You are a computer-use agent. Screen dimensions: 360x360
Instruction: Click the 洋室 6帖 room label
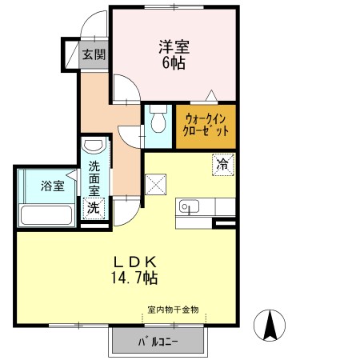pyautogui.click(x=174, y=54)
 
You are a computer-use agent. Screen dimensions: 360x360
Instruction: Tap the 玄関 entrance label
pyautogui.click(x=94, y=54)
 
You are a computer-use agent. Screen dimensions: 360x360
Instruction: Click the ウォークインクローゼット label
pyautogui.click(x=206, y=125)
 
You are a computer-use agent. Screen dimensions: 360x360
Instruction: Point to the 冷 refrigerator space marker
pyautogui.click(x=223, y=165)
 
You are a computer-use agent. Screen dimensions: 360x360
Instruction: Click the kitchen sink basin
pyautogui.click(x=189, y=206)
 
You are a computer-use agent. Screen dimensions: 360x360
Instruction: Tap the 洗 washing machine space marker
pyautogui.click(x=94, y=208)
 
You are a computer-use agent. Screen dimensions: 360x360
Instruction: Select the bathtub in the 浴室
pyautogui.click(x=46, y=215)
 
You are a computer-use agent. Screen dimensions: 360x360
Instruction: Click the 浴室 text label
pyautogui.click(x=53, y=186)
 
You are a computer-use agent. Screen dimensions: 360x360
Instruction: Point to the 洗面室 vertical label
pyautogui.click(x=94, y=178)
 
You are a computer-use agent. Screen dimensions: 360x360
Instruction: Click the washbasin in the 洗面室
pyautogui.click(x=93, y=146)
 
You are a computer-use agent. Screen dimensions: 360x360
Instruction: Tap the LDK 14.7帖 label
pyautogui.click(x=134, y=270)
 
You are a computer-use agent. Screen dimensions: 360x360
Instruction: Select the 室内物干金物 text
pyautogui.click(x=173, y=310)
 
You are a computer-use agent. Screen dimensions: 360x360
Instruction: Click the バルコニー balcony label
pyautogui.click(x=158, y=342)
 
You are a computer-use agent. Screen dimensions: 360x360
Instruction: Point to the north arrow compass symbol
pyautogui.click(x=270, y=326)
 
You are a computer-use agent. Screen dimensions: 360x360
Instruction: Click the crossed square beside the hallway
pyautogui.click(x=156, y=185)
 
